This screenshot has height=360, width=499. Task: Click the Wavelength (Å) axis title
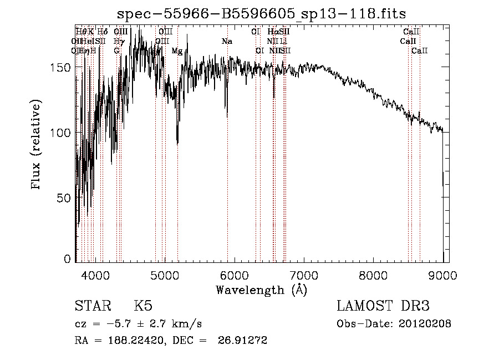[261, 290]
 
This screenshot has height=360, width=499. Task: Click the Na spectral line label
[227, 41]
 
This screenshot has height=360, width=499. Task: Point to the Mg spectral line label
[177, 51]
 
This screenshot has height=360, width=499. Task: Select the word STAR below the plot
[93, 306]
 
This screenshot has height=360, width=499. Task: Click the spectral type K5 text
[143, 306]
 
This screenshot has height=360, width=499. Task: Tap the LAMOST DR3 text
[383, 306]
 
